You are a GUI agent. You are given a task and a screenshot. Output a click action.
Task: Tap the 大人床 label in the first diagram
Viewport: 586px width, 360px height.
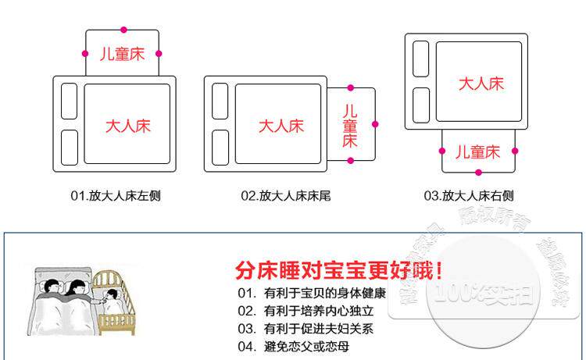128,127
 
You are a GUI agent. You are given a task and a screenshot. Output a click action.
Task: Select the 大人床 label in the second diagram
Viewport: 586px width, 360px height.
280,126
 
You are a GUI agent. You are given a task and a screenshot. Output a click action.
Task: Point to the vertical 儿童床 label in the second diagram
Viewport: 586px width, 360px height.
350,126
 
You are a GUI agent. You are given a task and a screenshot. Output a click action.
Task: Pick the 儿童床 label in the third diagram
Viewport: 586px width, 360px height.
477,151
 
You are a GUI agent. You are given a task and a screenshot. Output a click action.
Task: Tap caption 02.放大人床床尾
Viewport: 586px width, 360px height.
286,196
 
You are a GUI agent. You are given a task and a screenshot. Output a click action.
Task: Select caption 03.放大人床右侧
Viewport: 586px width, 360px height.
470,196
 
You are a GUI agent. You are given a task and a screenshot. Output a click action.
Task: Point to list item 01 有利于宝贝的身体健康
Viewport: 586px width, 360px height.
313,294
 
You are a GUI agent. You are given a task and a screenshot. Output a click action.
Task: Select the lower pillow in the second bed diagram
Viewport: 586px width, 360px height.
220,148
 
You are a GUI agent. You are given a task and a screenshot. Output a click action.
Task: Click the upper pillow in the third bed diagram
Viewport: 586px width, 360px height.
420,59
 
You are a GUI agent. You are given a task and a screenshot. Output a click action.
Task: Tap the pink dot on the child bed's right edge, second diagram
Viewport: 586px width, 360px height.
375,124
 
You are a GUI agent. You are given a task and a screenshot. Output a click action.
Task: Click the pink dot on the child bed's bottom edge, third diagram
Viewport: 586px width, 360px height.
478,172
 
